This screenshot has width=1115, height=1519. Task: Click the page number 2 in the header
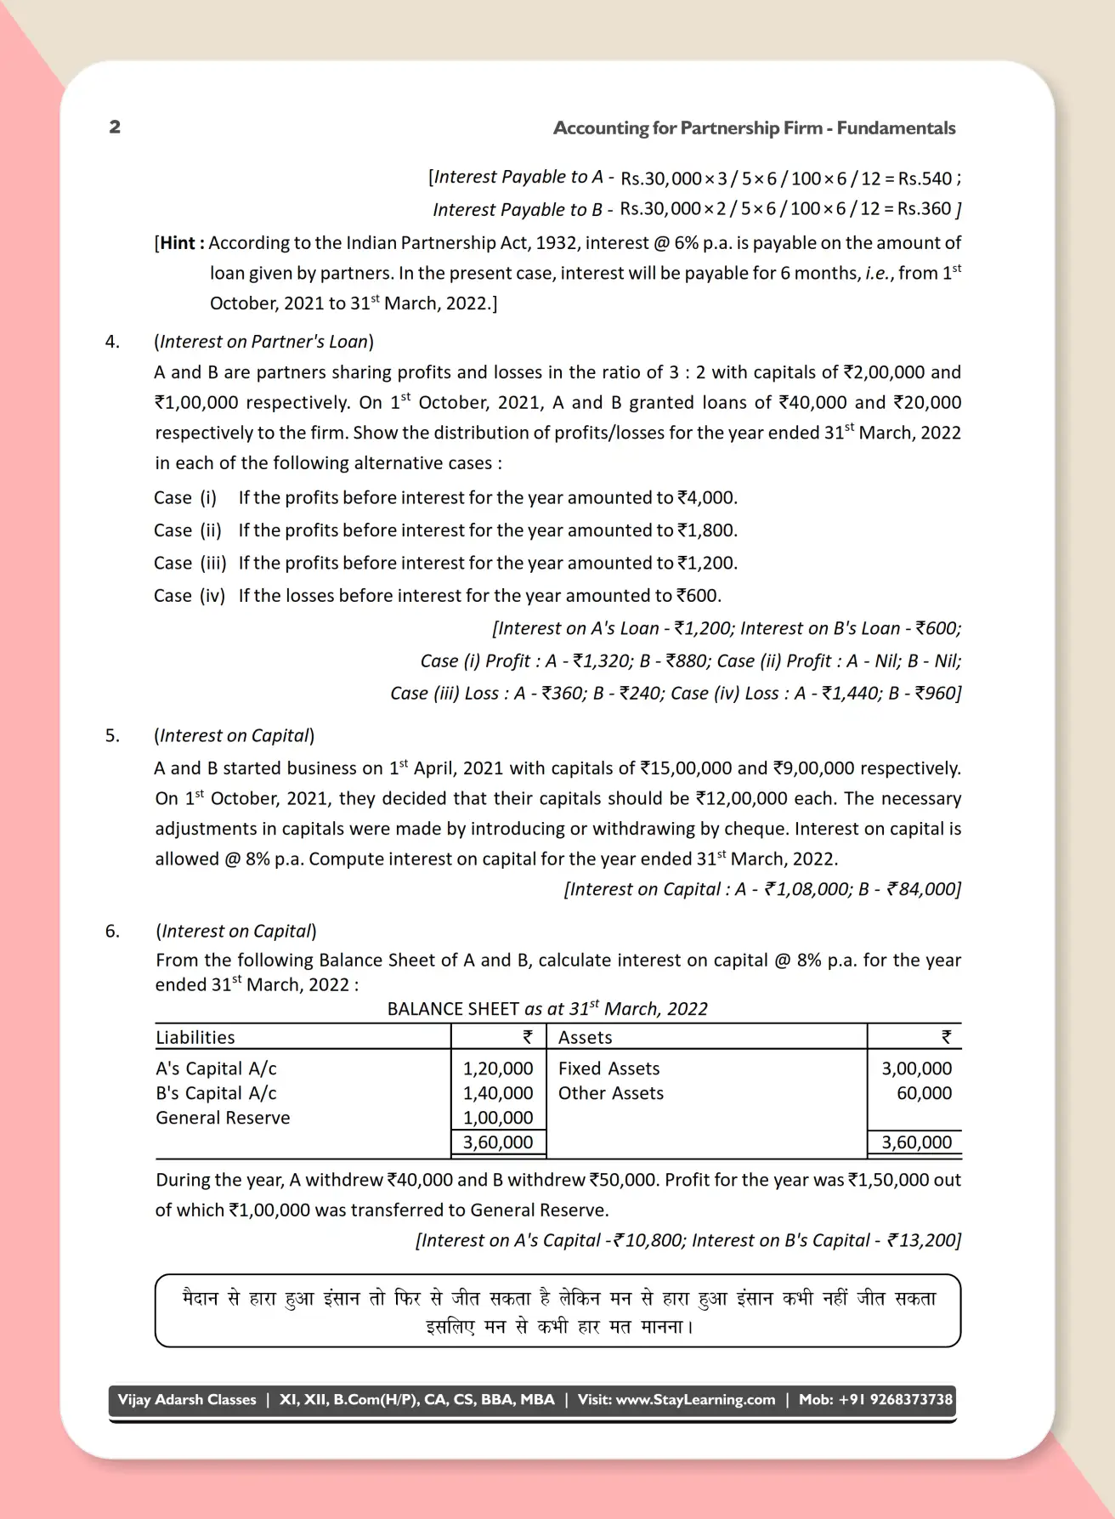click(x=115, y=128)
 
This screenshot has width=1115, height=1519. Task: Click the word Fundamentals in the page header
click(x=896, y=128)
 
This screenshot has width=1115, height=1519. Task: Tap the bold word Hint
click(x=178, y=243)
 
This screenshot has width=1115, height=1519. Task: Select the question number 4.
click(x=112, y=342)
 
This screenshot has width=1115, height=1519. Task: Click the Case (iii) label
click(x=190, y=564)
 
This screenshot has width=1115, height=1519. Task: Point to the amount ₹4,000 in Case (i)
click(x=707, y=498)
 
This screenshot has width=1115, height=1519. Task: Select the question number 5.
click(x=112, y=736)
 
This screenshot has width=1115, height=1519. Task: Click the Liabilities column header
click(x=195, y=1037)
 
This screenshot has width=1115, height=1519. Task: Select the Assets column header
click(x=585, y=1037)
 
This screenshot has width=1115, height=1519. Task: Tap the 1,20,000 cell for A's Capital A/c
click(x=498, y=1068)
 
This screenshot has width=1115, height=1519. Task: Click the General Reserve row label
click(x=223, y=1118)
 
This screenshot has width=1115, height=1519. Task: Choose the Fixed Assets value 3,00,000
click(x=916, y=1068)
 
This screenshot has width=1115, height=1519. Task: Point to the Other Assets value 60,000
click(x=924, y=1093)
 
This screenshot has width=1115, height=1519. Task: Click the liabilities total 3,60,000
click(x=498, y=1142)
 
